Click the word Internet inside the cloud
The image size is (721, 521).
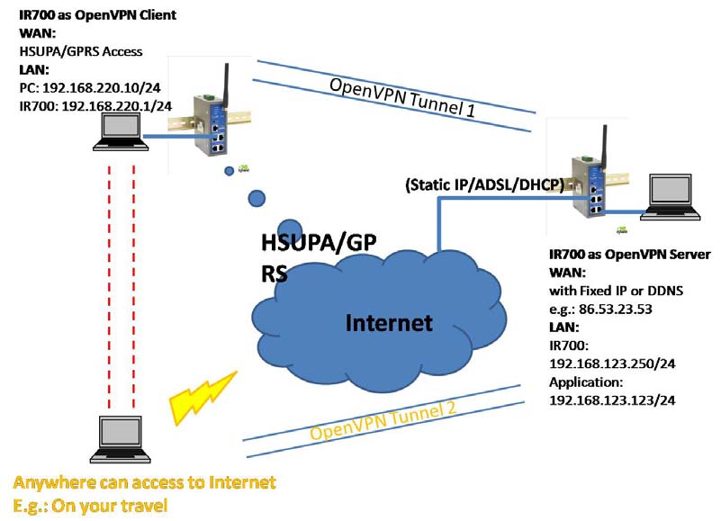click(x=390, y=322)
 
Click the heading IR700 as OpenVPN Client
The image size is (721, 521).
click(x=97, y=15)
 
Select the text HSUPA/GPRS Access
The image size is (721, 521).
click(x=82, y=52)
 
